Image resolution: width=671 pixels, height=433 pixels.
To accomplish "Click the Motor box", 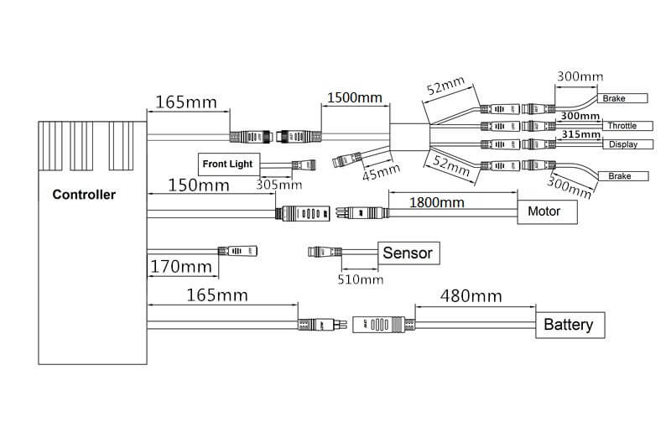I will (x=548, y=211).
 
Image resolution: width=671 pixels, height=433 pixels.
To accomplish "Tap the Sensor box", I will (x=408, y=252).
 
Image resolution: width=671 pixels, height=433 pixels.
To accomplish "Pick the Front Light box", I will (x=229, y=163).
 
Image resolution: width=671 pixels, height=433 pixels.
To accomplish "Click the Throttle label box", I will (x=621, y=126).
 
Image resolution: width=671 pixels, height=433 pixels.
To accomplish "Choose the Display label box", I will (x=622, y=144).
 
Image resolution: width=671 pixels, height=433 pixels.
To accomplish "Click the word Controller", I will (x=84, y=195).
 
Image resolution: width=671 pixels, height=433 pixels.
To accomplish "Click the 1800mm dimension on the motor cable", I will (x=436, y=202).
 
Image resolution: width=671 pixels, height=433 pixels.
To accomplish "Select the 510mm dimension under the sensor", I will (x=359, y=279).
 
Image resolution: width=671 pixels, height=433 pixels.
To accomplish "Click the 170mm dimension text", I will (x=180, y=268).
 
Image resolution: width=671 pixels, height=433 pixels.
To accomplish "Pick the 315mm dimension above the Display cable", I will (x=580, y=134).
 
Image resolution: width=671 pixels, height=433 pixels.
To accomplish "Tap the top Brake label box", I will (x=619, y=98).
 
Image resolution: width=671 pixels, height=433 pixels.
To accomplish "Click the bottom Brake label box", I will (x=619, y=176).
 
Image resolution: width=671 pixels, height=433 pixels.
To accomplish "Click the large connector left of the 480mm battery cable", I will (x=382, y=325).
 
